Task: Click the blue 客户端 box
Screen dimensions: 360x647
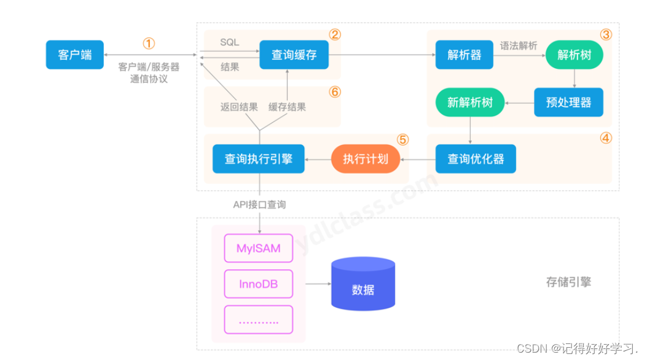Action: coord(75,55)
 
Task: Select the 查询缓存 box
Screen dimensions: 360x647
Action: coord(294,55)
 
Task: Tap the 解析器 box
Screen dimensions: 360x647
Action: coord(464,55)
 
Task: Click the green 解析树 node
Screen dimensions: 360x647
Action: coord(574,55)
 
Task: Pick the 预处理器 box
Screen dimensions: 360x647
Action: coord(568,102)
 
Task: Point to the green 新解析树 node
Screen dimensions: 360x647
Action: coord(470,102)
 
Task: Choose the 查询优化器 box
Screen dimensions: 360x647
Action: coord(476,159)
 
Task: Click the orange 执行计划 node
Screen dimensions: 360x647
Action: coord(366,159)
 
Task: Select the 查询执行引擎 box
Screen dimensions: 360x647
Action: coord(258,159)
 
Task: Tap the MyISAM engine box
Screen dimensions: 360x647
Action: coord(258,249)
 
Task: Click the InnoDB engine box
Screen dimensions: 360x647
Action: coord(258,284)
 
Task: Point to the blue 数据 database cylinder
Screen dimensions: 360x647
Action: coord(363,284)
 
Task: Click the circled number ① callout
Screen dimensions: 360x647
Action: coord(149,44)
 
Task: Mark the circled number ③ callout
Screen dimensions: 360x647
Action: coord(606,34)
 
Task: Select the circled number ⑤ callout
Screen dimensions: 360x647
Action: coord(402,139)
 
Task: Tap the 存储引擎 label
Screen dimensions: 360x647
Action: coord(568,283)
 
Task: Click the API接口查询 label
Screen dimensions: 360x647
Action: coord(259,205)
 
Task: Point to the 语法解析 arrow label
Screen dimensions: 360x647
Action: coord(519,45)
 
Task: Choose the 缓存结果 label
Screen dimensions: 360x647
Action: coord(287,107)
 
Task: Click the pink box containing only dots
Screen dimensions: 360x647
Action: coord(258,320)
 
